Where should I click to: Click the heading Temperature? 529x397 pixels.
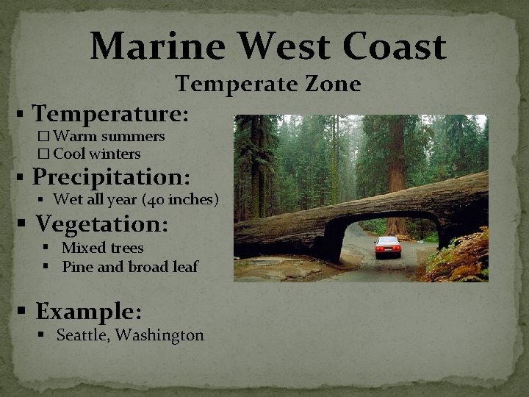point(111,114)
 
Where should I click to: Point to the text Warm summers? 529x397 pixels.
point(109,136)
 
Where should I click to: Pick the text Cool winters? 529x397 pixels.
point(96,154)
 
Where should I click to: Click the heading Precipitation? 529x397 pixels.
point(111,177)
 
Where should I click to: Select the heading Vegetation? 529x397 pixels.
point(102,223)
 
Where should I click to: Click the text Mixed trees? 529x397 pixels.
point(102,248)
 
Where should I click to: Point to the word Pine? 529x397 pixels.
point(77,267)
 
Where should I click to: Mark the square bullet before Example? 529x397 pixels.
point(24,312)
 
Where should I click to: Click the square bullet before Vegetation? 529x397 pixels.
point(24,223)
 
